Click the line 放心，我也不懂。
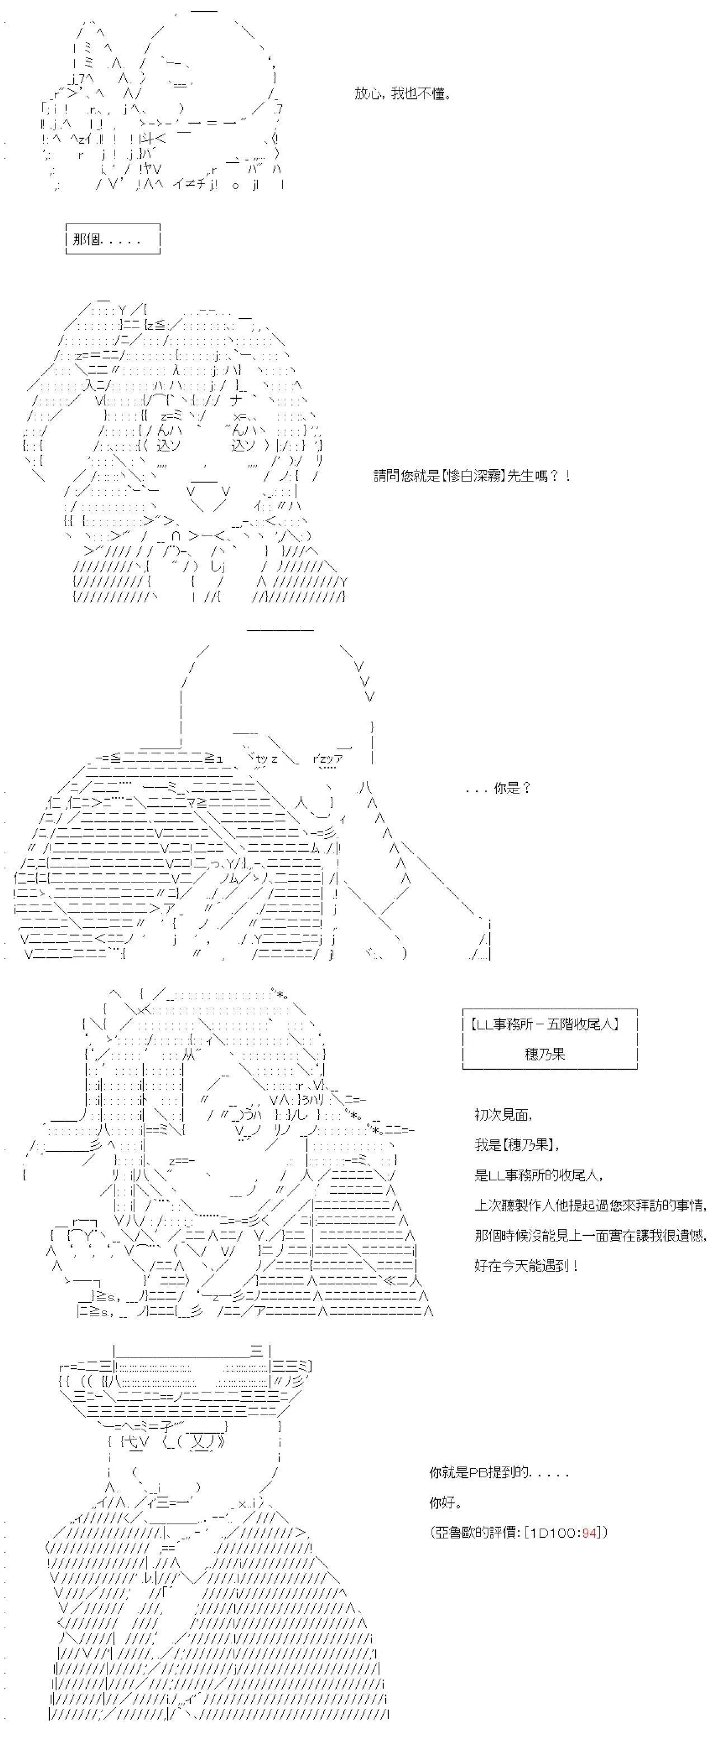[x=403, y=94]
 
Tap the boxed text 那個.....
[x=87, y=239]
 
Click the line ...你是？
[x=499, y=788]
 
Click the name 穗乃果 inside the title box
[x=545, y=1054]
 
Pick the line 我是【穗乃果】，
[x=518, y=1145]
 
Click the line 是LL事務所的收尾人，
[x=539, y=1175]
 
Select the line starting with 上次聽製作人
[x=591, y=1205]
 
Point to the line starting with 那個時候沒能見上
[x=591, y=1235]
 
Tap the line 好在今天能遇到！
[x=527, y=1266]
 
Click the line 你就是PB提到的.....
[x=499, y=1472]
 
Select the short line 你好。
[x=446, y=1502]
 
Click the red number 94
[x=590, y=1533]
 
